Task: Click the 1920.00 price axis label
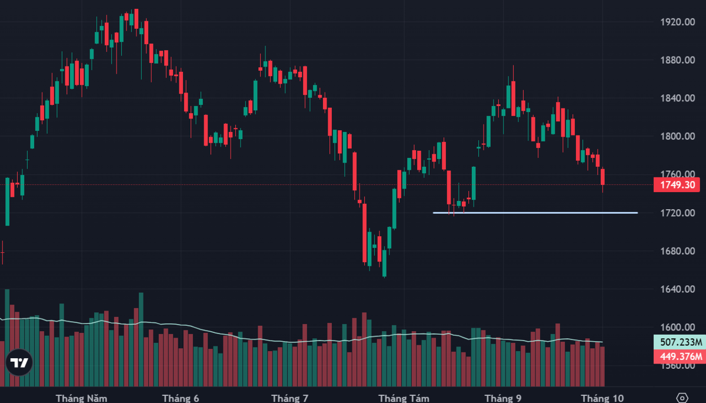[x=678, y=22]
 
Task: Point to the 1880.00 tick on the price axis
[x=678, y=60]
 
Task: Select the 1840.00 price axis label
[x=678, y=98]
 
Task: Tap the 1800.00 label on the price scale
[x=678, y=136]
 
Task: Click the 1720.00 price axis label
[x=678, y=213]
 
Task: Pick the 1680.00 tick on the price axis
[x=678, y=251]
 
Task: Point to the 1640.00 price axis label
[x=678, y=289]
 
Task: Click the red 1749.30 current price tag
[x=677, y=185]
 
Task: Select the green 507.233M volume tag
[x=680, y=342]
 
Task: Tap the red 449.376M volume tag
[x=680, y=356]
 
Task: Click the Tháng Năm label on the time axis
[x=81, y=398]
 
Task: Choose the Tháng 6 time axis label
[x=181, y=398]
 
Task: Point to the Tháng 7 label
[x=290, y=398]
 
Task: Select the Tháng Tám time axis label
[x=404, y=398]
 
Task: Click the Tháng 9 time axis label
[x=503, y=398]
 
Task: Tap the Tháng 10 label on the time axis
[x=602, y=398]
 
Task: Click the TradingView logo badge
[x=19, y=362]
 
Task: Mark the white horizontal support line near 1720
[x=535, y=213]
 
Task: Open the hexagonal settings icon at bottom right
[x=682, y=398]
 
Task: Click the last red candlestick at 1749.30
[x=602, y=177]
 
